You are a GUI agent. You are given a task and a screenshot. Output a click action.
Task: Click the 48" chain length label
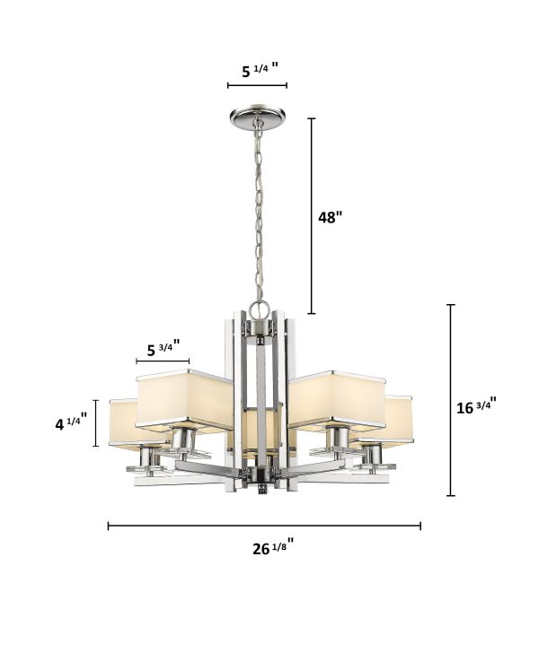click(330, 217)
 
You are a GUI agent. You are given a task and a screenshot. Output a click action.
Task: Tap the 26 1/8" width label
click(273, 547)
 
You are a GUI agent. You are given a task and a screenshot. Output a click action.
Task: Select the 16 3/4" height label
click(476, 405)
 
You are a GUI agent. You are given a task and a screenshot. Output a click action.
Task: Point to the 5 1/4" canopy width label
click(260, 70)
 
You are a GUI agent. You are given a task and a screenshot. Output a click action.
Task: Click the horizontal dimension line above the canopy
click(257, 85)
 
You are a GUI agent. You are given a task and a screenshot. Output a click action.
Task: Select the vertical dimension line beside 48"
click(312, 216)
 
